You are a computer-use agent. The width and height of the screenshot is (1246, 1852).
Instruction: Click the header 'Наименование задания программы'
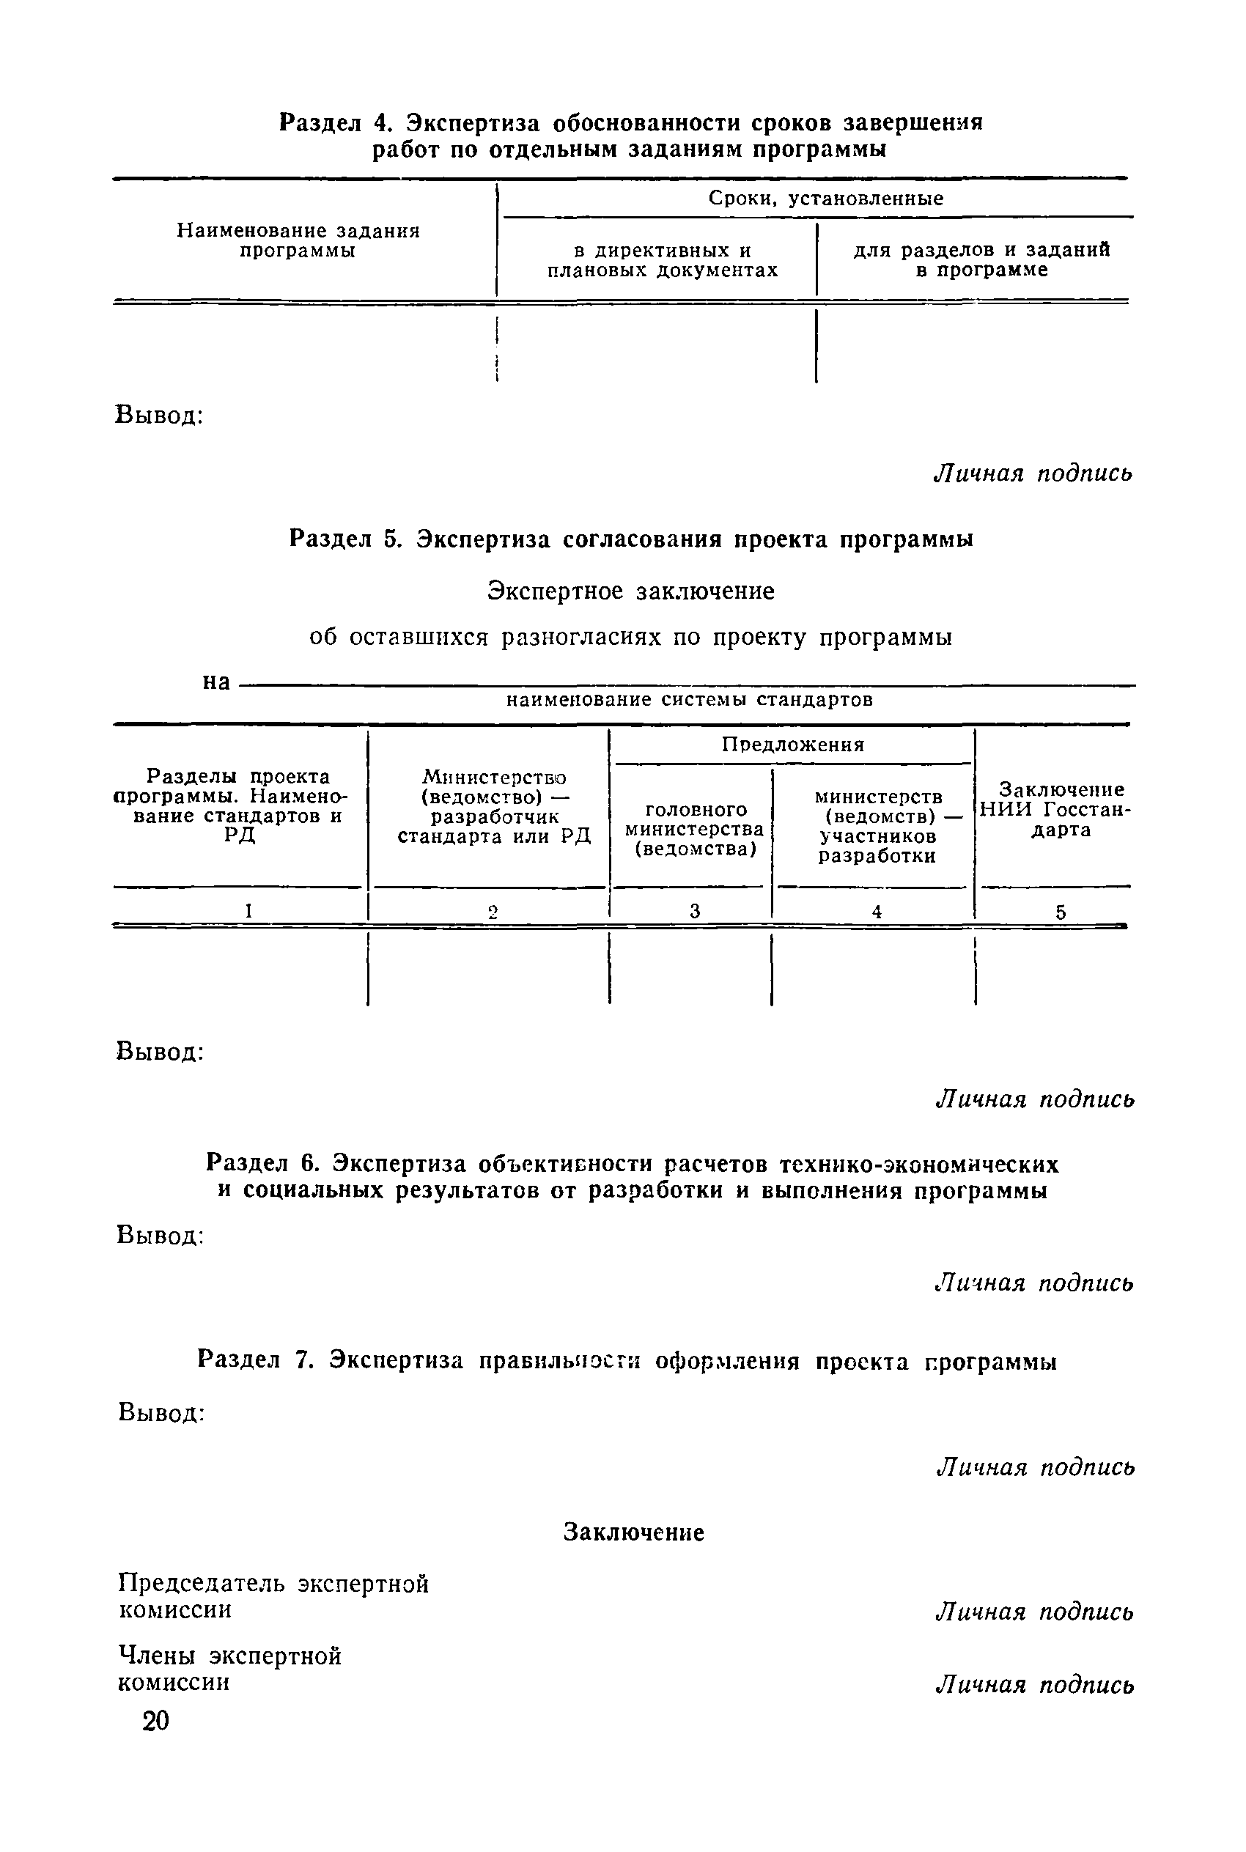tap(298, 240)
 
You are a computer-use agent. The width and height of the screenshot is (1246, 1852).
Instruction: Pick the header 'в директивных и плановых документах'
tap(662, 261)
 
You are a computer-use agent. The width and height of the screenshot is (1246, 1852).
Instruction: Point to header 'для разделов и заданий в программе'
tap(981, 259)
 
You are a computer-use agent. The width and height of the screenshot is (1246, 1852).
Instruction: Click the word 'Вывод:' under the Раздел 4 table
tap(161, 416)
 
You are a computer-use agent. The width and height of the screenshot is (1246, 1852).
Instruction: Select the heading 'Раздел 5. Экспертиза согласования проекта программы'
tap(631, 539)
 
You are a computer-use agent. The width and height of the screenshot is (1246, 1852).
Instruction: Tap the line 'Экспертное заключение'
tap(631, 591)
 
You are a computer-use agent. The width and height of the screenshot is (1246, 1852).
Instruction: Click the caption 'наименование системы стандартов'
tap(690, 700)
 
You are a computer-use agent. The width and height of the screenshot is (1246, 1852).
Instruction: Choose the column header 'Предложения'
tap(792, 745)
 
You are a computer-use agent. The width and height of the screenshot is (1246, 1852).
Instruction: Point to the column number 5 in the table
tap(1060, 913)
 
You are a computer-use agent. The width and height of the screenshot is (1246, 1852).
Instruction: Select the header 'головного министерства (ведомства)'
tap(695, 830)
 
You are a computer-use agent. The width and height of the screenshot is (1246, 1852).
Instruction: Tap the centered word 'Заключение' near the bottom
tap(633, 1532)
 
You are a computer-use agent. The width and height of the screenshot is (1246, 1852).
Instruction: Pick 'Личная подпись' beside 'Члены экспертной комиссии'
tap(1034, 1684)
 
